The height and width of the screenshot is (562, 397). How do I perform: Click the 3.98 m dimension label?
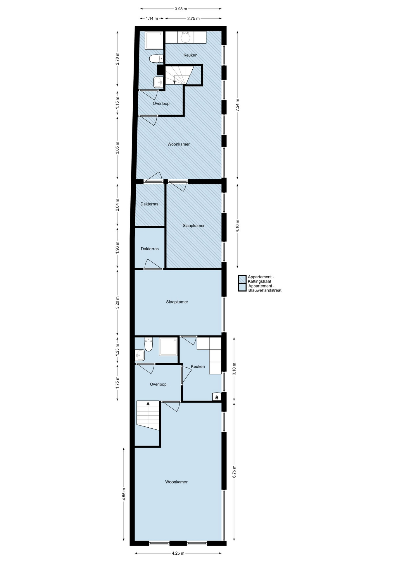[181, 9]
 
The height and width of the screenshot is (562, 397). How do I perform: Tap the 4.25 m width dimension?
[178, 553]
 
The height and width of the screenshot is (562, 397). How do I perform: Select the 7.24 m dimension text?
[237, 104]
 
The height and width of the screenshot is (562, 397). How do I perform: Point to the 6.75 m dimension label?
[234, 472]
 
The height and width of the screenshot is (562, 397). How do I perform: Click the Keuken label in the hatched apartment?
[190, 55]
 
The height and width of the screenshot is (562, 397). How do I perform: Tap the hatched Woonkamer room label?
[179, 144]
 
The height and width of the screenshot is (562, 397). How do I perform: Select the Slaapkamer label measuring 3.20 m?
[177, 302]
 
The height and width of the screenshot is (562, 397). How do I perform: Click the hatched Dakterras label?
[149, 204]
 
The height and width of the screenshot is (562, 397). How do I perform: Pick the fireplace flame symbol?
[217, 397]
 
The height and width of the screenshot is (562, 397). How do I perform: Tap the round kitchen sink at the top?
[186, 37]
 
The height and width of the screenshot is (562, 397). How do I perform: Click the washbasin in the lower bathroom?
[140, 355]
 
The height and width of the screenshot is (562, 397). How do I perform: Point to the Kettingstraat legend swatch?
[242, 280]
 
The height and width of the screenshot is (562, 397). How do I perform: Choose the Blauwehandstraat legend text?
[265, 288]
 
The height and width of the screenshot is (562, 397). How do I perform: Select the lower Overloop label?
[158, 384]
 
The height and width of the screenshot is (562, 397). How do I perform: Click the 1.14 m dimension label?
[152, 18]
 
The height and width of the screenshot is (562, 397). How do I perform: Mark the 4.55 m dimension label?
[124, 494]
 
